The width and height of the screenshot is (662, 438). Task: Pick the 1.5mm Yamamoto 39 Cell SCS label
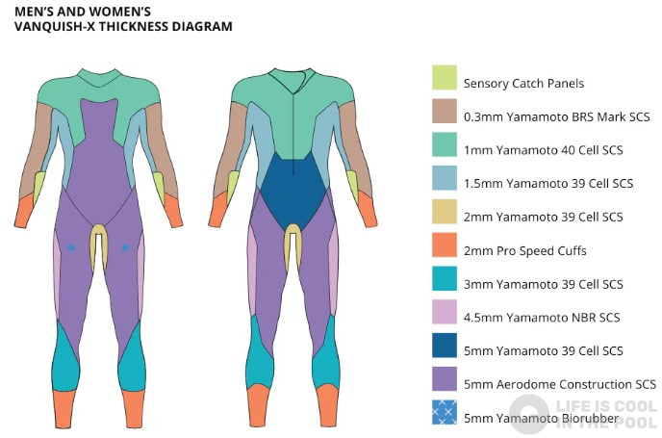tap(547, 184)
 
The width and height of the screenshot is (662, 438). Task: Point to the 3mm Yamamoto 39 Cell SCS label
tap(543, 284)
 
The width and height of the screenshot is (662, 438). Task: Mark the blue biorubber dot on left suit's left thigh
tap(70, 248)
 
